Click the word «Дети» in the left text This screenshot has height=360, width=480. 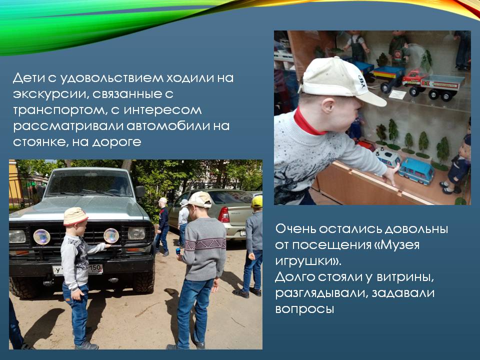pyautogui.click(x=28, y=78)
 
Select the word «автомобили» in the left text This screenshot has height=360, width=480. pyautogui.click(x=170, y=126)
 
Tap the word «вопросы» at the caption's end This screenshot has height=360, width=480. pyautogui.click(x=304, y=309)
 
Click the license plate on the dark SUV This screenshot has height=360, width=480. pyautogui.click(x=78, y=269)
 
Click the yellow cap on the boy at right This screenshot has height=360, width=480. pyautogui.click(x=257, y=201)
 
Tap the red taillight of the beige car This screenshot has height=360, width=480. pyautogui.click(x=224, y=214)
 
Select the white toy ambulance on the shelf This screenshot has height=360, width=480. pyautogui.click(x=387, y=156)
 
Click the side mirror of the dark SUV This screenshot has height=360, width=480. pyautogui.click(x=140, y=191)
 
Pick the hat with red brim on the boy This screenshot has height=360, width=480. pyautogui.click(x=75, y=216)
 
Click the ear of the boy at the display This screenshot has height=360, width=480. pyautogui.click(x=328, y=106)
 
